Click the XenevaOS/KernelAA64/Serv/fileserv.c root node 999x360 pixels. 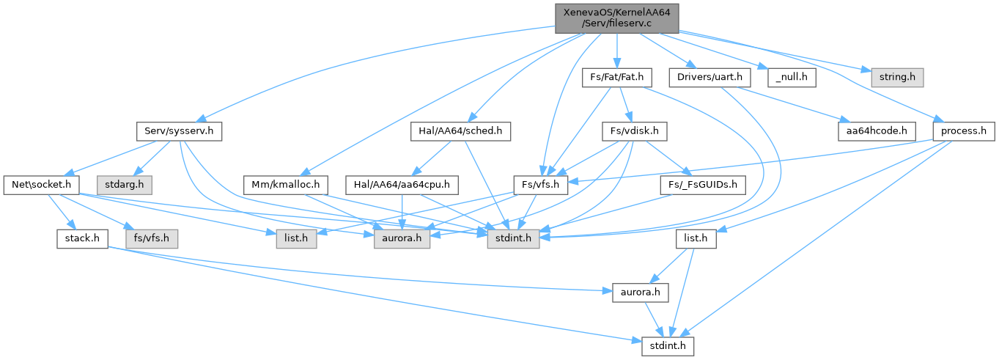coord(616,18)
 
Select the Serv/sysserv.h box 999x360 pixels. coord(180,131)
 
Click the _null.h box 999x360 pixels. coord(792,77)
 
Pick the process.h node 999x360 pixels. coord(964,131)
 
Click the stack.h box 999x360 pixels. coord(82,238)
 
